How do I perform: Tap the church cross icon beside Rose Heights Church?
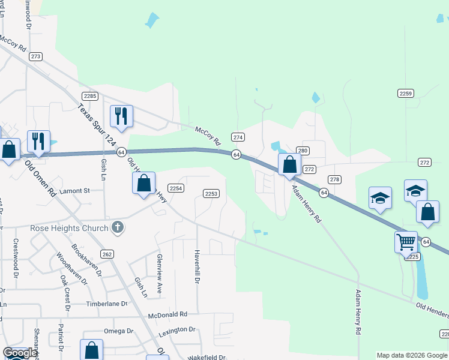(x=118, y=227)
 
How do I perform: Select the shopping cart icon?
(x=406, y=242)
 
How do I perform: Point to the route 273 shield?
(x=36, y=56)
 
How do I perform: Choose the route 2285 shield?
(x=91, y=96)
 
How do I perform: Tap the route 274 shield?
(x=238, y=137)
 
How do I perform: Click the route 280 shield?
(x=303, y=150)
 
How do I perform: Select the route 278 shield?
(x=334, y=179)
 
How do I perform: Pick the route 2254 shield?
(x=175, y=188)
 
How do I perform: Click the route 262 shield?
(x=107, y=254)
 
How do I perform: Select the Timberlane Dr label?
(x=107, y=304)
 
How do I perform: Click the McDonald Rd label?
(x=168, y=314)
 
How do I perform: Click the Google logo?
(x=19, y=353)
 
